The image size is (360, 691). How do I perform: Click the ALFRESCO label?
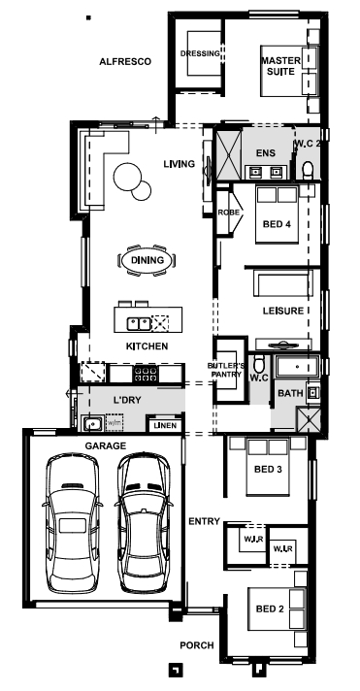(125, 62)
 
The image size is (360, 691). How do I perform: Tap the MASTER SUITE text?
(281, 65)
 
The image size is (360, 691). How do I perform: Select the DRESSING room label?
(200, 53)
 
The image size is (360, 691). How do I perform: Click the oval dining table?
(147, 260)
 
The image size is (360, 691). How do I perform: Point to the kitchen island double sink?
(139, 324)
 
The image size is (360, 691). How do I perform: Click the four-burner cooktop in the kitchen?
(145, 375)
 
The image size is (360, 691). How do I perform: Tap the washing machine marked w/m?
(115, 422)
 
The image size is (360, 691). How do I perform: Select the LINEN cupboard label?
(165, 426)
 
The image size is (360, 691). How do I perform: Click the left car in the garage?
(72, 523)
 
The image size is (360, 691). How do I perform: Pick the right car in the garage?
(144, 522)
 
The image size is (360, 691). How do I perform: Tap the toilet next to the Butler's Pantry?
(259, 363)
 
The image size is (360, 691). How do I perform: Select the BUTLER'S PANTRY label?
(225, 370)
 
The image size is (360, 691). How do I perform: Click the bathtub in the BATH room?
(297, 367)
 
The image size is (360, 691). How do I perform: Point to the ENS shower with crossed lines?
(228, 154)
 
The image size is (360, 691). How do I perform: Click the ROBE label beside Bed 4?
(229, 213)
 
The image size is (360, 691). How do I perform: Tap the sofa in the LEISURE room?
(282, 283)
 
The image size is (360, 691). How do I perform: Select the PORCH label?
(197, 645)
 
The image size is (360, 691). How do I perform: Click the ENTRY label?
(204, 521)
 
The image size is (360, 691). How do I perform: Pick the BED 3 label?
(268, 470)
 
